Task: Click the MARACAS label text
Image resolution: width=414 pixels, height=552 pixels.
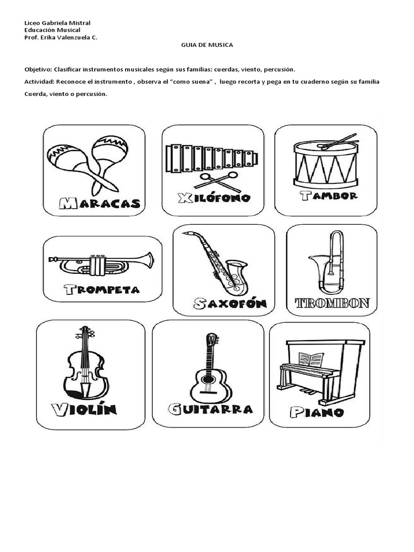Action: [99, 203]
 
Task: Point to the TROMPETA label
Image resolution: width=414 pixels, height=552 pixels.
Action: [101, 289]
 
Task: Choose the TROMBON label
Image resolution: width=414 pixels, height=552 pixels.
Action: [332, 303]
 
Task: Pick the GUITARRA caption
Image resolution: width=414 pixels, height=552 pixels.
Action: [210, 409]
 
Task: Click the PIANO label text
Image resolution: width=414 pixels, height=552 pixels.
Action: [316, 412]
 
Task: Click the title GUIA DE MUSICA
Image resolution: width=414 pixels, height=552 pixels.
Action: [207, 45]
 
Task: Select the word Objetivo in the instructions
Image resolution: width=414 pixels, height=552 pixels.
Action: [38, 70]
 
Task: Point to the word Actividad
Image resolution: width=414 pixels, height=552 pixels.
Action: [39, 82]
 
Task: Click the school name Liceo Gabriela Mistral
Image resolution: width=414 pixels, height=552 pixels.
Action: [58, 23]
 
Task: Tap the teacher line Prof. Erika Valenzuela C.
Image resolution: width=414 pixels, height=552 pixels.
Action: [61, 38]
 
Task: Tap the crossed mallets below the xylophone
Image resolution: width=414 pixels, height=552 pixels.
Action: [218, 179]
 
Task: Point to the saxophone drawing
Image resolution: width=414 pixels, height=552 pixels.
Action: [218, 263]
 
